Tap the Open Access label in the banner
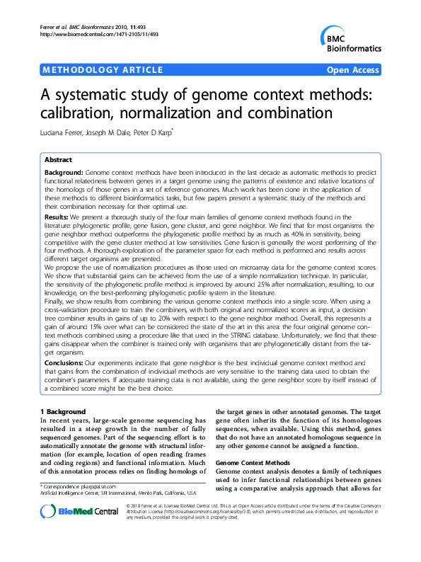coord(352,70)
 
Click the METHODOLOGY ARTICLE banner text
coord(103,70)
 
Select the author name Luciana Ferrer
coord(62,132)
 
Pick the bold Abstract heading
coord(58,160)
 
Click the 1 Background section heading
coord(72,411)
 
